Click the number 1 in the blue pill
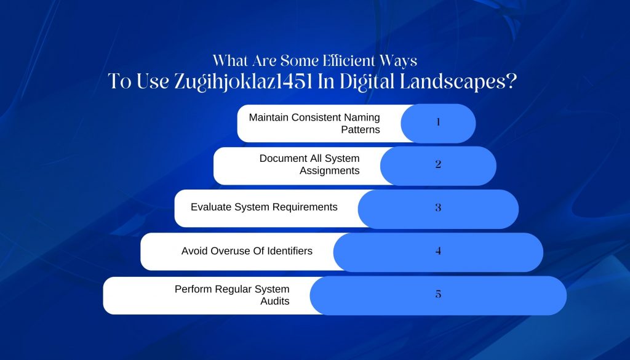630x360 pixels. [x=438, y=122]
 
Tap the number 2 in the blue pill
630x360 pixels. [x=438, y=164]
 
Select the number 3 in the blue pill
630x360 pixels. [x=438, y=208]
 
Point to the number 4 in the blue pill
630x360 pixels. [x=438, y=251]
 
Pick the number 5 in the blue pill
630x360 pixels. [x=438, y=294]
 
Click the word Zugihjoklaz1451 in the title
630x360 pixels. [x=244, y=82]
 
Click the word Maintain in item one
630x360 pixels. [x=268, y=118]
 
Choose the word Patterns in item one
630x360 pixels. [x=361, y=130]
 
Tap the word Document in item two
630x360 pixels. [x=280, y=158]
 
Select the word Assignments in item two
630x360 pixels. [x=330, y=170]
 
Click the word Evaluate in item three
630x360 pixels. [x=211, y=207]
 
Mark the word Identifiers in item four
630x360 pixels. [x=290, y=251]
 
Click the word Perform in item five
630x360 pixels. [x=193, y=289]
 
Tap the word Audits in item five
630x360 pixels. [x=275, y=302]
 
